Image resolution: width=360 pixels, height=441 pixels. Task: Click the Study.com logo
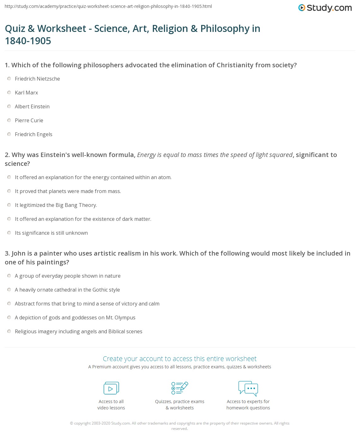325,8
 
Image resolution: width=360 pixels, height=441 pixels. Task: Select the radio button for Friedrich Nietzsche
9,79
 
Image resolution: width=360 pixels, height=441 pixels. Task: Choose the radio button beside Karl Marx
9,93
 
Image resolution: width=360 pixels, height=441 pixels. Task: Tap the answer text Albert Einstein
32,106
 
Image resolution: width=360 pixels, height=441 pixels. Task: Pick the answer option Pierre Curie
29,120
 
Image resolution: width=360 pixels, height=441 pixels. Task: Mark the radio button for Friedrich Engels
9,134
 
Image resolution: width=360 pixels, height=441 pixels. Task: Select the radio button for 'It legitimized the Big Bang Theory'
9,205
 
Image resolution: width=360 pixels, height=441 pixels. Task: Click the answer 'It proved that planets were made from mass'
68,191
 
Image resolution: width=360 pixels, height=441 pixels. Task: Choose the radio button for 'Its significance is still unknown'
9,233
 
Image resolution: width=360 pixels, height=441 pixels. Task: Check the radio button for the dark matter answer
9,219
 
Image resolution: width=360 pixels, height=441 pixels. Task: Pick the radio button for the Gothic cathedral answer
9,290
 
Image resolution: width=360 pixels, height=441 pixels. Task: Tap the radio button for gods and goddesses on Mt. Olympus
9,317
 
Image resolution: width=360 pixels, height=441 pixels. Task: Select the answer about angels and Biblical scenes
79,331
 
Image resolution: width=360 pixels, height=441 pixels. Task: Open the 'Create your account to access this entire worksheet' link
180,359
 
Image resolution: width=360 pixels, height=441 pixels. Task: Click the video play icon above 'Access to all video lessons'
111,388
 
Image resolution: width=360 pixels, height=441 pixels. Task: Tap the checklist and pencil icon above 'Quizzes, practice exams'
180,388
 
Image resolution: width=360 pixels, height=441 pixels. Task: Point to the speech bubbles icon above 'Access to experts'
248,388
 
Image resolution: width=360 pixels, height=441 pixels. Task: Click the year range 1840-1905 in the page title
28,41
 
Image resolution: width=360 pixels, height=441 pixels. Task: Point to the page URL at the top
108,6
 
